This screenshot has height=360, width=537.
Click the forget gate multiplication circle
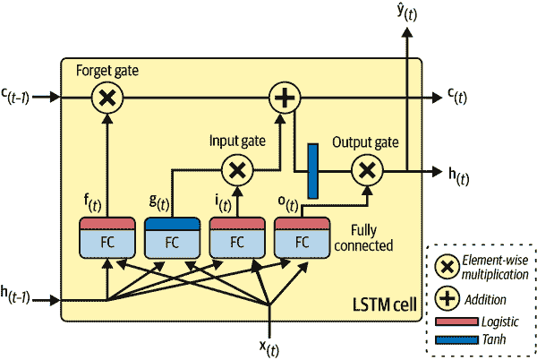(x=107, y=99)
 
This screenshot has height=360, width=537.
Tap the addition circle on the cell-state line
(x=283, y=99)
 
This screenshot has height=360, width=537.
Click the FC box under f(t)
(x=107, y=241)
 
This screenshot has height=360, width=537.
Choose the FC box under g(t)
(x=172, y=241)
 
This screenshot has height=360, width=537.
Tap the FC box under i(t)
(x=236, y=241)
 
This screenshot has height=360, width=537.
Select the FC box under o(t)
(x=302, y=241)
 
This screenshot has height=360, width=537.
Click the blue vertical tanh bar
(x=313, y=169)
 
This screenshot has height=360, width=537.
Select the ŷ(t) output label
(x=407, y=13)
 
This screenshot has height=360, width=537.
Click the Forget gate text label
(x=107, y=70)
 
